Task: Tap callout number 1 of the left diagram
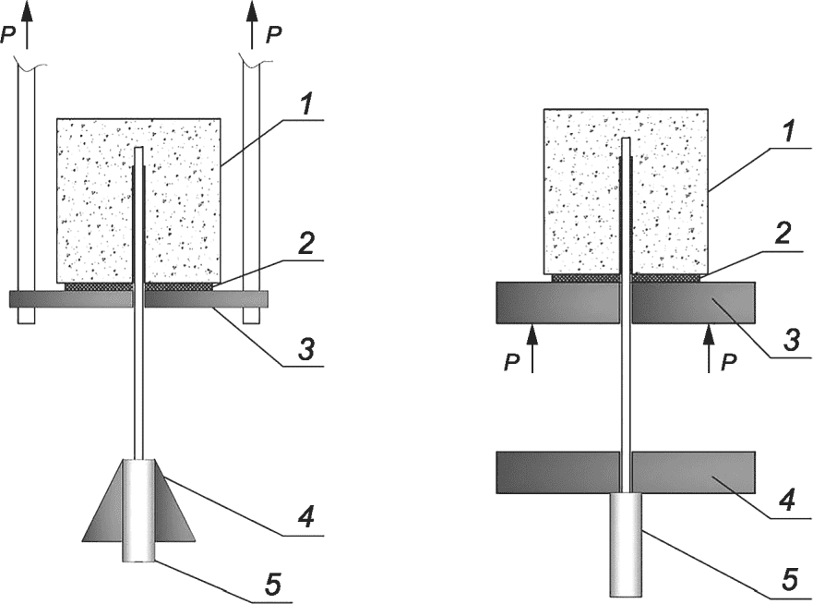tap(306, 105)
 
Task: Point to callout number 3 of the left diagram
tap(306, 349)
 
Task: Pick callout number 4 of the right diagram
tap(788, 501)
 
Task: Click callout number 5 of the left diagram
tap(273, 584)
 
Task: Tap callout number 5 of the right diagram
tap(789, 580)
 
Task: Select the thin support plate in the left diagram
tap(139, 299)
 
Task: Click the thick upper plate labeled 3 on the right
tap(626, 303)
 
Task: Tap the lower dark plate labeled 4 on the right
tap(626, 472)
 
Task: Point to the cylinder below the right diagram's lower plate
tap(626, 544)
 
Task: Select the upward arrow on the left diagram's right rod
tap(252, 25)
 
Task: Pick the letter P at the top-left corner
tap(8, 35)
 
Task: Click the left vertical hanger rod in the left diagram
tap(27, 193)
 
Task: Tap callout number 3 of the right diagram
tap(791, 341)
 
